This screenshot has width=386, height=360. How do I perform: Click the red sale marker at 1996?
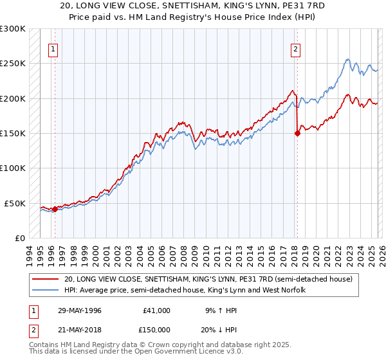click(x=55, y=209)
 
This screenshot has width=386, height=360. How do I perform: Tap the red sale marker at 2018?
click(x=297, y=134)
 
